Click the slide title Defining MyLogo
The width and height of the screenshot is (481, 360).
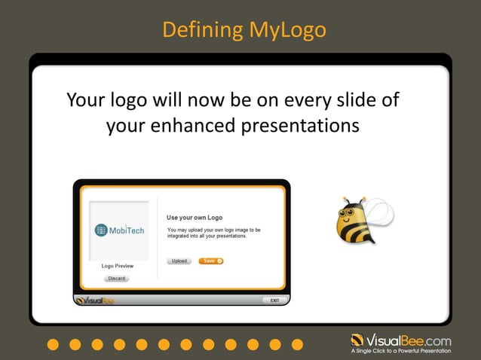tap(244, 30)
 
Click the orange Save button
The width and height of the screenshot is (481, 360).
tap(211, 261)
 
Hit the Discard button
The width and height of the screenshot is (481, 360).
tap(117, 278)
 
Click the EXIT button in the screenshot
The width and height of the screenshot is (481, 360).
tap(274, 300)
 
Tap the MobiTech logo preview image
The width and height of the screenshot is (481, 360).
tap(118, 230)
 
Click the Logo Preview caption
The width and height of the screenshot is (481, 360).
tap(117, 266)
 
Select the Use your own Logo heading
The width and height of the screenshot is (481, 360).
tap(195, 218)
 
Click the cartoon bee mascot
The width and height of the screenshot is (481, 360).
tap(356, 221)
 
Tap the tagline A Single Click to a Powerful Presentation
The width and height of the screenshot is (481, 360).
tap(401, 351)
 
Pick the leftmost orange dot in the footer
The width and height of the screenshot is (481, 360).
tap(52, 344)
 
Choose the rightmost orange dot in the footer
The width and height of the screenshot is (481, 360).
tap(297, 344)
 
